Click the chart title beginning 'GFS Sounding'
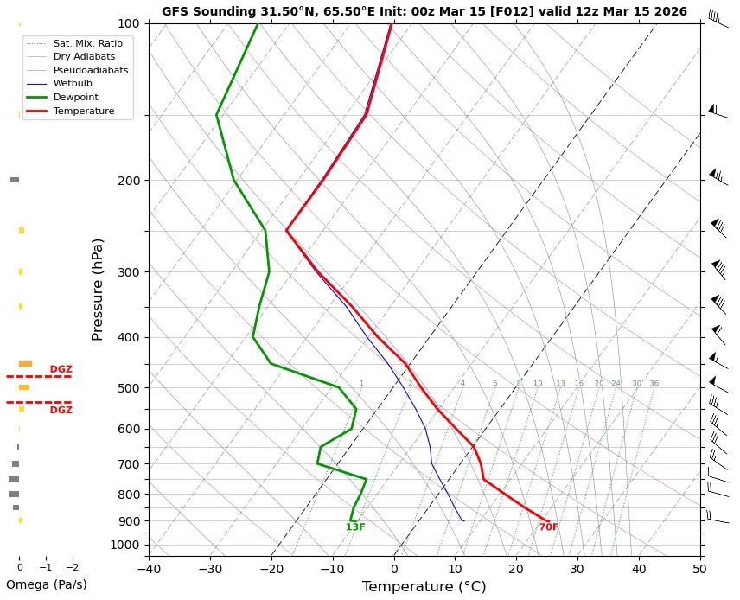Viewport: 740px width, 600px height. click(x=424, y=11)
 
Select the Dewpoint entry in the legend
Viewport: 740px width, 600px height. click(x=83, y=98)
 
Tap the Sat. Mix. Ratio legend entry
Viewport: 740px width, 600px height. click(x=87, y=42)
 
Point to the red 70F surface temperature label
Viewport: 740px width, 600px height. click(x=549, y=527)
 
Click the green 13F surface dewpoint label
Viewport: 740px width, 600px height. click(x=355, y=527)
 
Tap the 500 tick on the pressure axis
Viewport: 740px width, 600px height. click(x=128, y=388)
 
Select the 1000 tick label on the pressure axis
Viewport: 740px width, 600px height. click(x=125, y=545)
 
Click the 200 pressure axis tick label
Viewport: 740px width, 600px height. click(x=128, y=181)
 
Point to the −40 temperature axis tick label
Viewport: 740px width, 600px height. click(x=149, y=568)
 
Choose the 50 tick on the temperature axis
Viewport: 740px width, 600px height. click(x=699, y=568)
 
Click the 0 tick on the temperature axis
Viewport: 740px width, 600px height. click(x=393, y=568)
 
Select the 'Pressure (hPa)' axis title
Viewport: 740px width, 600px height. click(x=98, y=289)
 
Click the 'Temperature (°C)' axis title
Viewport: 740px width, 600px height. click(x=424, y=587)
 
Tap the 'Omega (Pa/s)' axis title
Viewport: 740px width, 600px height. click(x=46, y=584)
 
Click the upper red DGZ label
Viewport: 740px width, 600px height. click(x=61, y=369)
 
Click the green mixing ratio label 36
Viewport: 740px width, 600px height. click(x=654, y=383)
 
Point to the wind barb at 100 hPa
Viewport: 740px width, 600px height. click(x=716, y=19)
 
